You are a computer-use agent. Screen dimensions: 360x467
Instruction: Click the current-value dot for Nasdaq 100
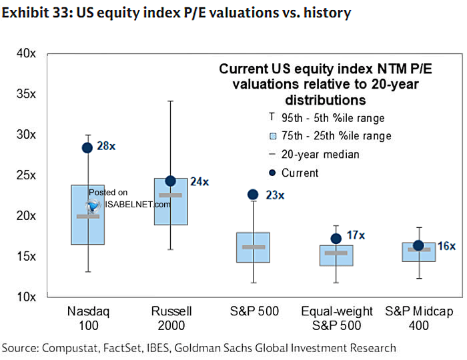coord(87,148)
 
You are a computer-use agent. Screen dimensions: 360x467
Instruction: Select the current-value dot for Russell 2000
coord(170,181)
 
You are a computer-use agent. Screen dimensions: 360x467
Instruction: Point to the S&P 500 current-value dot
coord(253,195)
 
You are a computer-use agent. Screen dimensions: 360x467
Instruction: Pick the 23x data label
coord(275,195)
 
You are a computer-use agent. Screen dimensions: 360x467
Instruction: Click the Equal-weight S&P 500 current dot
coord(336,239)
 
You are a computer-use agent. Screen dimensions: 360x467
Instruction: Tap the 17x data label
coord(357,235)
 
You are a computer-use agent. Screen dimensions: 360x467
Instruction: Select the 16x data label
coord(446,246)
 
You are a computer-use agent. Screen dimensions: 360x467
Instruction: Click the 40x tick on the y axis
coord(26,53)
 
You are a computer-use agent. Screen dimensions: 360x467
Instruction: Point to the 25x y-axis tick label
coord(26,175)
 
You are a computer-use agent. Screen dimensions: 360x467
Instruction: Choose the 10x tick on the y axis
coord(26,297)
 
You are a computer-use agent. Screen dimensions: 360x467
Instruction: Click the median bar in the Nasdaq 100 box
coord(87,216)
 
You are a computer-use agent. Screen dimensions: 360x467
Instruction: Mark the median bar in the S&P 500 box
coord(253,247)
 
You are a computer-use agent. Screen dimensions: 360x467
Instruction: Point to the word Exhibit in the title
coord(24,12)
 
